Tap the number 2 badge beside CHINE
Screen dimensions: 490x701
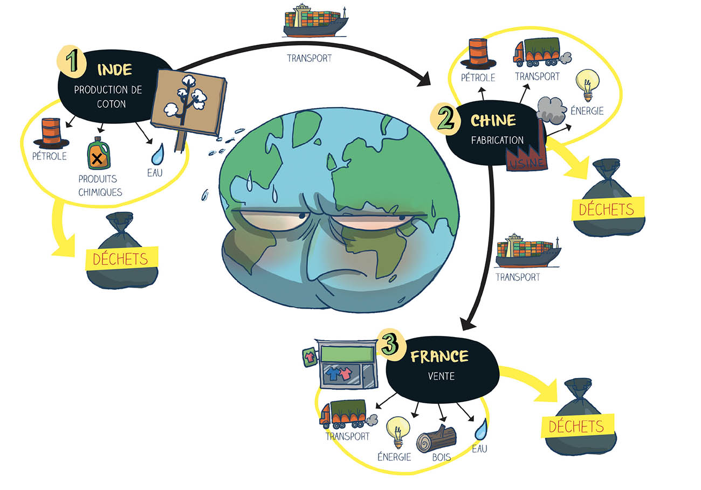(x=445, y=120)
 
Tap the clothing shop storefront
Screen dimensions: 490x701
(x=344, y=363)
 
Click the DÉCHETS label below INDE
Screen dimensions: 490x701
(x=120, y=258)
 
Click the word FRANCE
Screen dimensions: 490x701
(x=439, y=356)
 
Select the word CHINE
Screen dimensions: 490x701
(x=493, y=120)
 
